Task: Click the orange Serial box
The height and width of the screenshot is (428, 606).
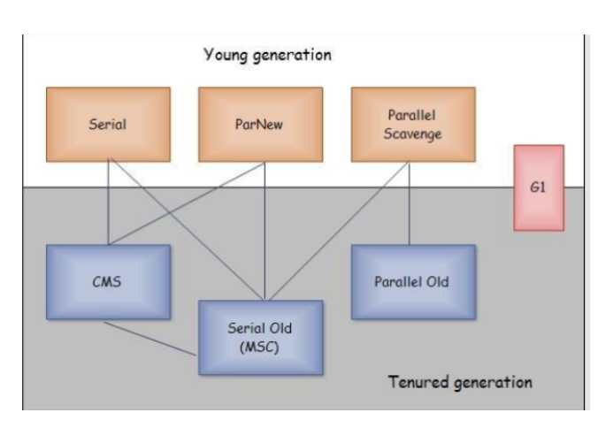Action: (x=107, y=125)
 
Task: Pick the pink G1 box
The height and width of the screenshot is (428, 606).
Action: (x=538, y=187)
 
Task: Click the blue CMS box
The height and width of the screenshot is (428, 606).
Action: (x=107, y=282)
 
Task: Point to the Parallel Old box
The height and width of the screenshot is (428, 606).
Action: (x=412, y=282)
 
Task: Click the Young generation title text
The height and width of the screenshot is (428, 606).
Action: (x=267, y=55)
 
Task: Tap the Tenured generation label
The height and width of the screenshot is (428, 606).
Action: (x=460, y=383)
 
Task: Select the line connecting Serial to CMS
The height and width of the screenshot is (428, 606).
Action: (x=107, y=203)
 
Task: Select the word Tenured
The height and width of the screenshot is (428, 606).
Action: (x=418, y=383)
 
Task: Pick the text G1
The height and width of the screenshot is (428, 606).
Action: (x=538, y=188)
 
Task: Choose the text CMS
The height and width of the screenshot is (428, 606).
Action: (x=107, y=282)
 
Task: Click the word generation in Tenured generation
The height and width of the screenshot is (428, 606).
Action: (x=492, y=384)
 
